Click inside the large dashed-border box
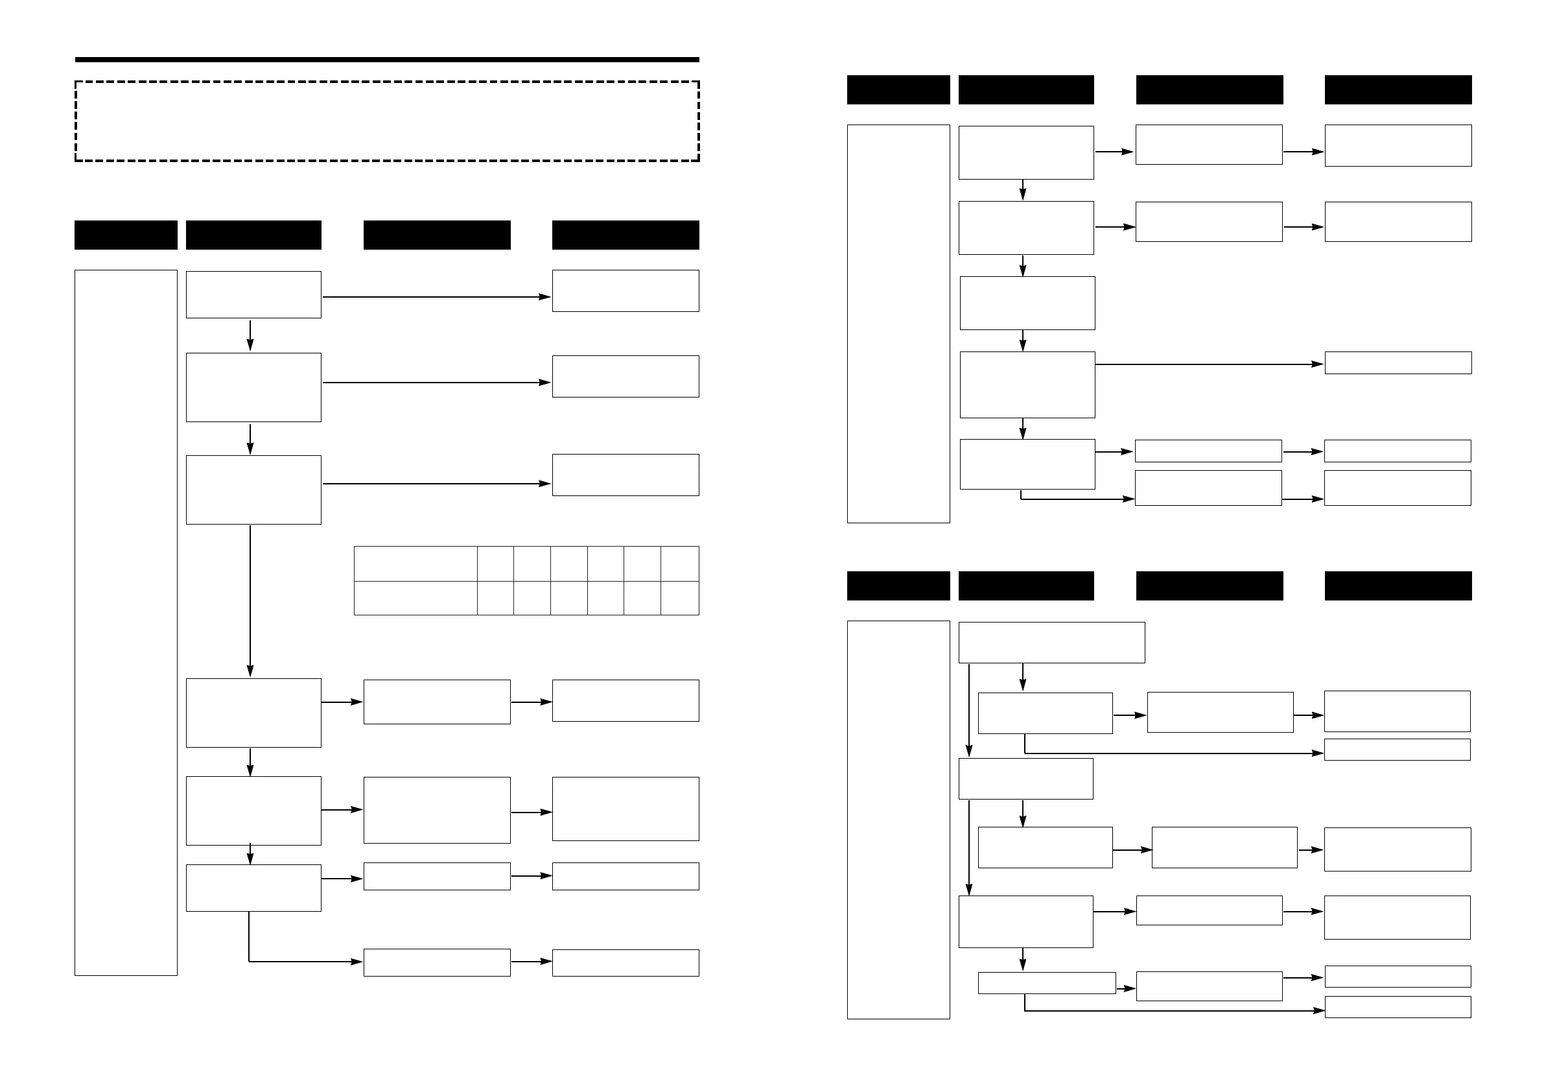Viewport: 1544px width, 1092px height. click(387, 121)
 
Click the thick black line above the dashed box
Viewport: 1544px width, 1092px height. click(387, 60)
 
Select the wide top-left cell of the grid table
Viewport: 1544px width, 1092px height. click(415, 564)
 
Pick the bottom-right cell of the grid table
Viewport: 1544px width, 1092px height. click(679, 598)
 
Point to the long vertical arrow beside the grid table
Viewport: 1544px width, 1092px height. click(250, 599)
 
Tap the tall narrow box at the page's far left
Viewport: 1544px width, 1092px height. click(126, 623)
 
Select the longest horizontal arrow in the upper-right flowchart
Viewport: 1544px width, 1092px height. click(1209, 364)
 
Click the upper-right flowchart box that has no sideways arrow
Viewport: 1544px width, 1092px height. click(1027, 303)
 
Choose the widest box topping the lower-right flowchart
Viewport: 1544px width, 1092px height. click(1051, 643)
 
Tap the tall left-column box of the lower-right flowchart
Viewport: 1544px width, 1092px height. click(898, 820)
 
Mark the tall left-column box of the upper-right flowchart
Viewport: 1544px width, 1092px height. click(898, 324)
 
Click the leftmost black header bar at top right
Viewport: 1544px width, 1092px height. click(898, 89)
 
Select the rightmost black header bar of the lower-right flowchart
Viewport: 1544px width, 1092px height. click(1398, 586)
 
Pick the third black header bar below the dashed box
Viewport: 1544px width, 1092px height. click(436, 235)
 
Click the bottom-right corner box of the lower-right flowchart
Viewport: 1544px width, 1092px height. click(1398, 1007)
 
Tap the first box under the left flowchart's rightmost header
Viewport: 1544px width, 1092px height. click(626, 291)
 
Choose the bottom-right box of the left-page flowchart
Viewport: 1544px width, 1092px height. click(626, 963)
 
